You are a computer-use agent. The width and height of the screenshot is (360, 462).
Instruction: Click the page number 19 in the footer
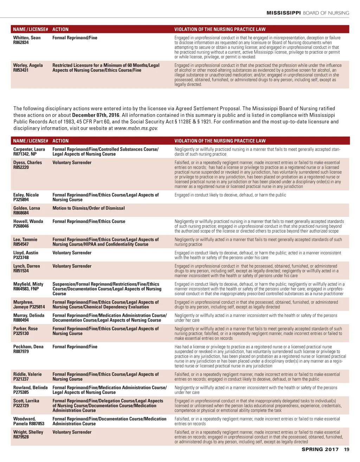point(347,449)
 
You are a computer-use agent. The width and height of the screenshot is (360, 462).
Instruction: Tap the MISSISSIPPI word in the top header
point(283,13)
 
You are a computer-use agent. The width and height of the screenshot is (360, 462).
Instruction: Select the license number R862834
point(21,43)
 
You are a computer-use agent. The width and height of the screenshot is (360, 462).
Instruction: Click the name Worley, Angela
point(28,65)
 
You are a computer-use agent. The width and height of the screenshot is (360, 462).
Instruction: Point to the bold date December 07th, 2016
point(96,115)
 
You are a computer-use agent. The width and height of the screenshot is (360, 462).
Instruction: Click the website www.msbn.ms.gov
point(136,128)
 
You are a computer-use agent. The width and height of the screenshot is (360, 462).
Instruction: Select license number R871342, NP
point(25,154)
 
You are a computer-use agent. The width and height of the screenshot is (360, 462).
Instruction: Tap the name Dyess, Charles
point(27,162)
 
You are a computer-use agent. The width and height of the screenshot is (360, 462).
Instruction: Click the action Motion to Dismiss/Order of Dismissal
point(89,208)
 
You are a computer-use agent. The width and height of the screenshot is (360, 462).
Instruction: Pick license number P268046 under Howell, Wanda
point(21,226)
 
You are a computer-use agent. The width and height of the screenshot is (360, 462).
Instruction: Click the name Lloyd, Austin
point(26,253)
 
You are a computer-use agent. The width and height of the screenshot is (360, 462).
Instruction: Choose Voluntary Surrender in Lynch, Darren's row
point(72,266)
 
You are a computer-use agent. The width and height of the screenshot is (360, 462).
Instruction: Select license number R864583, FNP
point(26,289)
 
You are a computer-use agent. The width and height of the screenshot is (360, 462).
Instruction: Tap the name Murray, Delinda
point(29,315)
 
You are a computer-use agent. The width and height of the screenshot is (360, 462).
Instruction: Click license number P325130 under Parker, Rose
point(21,333)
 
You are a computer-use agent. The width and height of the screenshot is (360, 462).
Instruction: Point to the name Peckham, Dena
point(28,347)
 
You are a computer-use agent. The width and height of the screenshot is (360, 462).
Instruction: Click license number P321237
point(21,379)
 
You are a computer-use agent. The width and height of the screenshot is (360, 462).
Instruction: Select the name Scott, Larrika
point(26,401)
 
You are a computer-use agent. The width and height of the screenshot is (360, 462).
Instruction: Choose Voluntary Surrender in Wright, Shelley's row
point(72,432)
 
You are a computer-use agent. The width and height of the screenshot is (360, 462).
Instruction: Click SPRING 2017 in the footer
point(320,449)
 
